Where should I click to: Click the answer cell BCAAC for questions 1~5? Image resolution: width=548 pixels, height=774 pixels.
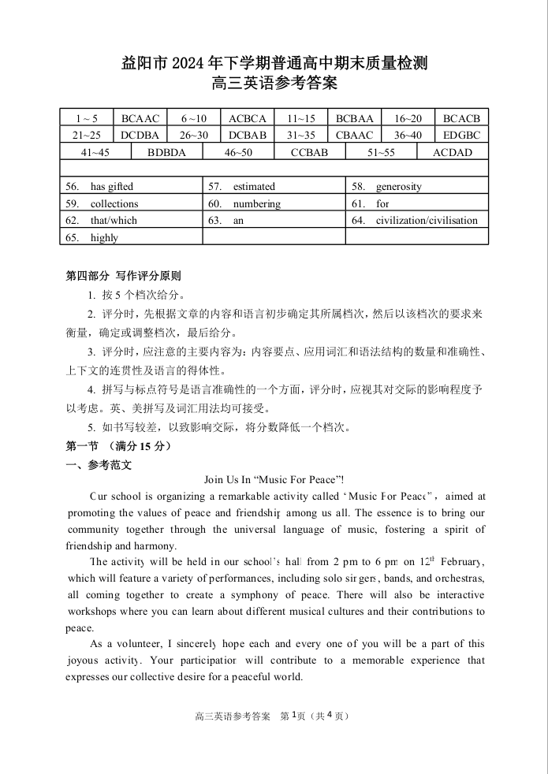pyautogui.click(x=140, y=118)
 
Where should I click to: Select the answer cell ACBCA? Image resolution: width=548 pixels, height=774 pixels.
pyautogui.click(x=248, y=118)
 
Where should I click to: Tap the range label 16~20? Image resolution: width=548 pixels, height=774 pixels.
pyautogui.click(x=408, y=118)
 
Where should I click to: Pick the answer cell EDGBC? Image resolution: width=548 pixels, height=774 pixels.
pyautogui.click(x=461, y=135)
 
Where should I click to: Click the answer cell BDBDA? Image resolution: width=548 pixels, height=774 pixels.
pyautogui.click(x=167, y=152)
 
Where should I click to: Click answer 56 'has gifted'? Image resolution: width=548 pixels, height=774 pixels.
pyautogui.click(x=111, y=187)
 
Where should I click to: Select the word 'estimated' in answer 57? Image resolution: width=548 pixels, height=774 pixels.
pyautogui.click(x=254, y=187)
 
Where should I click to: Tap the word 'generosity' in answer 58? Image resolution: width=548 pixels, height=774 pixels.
pyautogui.click(x=398, y=187)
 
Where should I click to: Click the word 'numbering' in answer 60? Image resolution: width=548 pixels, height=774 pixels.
pyautogui.click(x=256, y=203)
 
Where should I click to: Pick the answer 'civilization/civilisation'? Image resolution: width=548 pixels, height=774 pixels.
pyautogui.click(x=427, y=221)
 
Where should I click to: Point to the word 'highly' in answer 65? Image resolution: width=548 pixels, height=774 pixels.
pyautogui.click(x=104, y=237)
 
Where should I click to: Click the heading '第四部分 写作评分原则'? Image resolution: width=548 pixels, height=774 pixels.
pyautogui.click(x=123, y=276)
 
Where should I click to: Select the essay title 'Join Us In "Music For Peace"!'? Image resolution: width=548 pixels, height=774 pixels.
pyautogui.click(x=274, y=479)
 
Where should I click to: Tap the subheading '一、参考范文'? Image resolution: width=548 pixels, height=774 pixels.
pyautogui.click(x=99, y=465)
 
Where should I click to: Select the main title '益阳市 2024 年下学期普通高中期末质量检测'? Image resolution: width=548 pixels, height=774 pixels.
pyautogui.click(x=274, y=63)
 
